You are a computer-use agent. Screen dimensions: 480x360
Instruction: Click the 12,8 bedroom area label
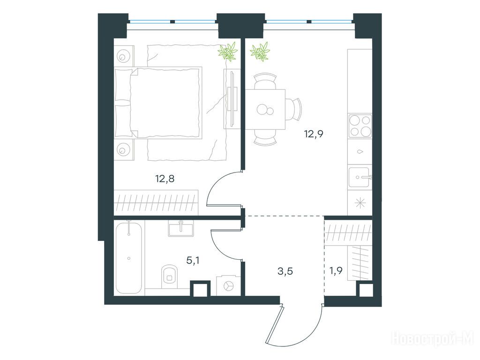165,179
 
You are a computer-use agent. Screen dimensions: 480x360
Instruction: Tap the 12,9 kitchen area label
314,134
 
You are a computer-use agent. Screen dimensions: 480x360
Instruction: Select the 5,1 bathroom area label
193,261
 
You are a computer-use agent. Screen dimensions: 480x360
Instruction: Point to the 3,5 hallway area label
285,271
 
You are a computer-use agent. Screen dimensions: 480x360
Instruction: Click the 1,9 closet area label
336,270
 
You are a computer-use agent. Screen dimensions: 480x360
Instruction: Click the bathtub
128,257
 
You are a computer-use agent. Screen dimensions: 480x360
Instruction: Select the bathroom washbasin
181,228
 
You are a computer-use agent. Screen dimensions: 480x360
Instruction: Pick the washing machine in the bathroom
228,285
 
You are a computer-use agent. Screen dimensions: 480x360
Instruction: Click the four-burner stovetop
360,126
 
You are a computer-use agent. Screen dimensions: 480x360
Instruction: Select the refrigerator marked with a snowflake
360,203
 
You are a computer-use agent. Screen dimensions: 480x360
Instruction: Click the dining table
265,109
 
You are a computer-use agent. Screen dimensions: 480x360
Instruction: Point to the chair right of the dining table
294,109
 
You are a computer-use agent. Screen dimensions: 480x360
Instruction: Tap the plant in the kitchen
260,51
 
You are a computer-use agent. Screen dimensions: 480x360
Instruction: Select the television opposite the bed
232,99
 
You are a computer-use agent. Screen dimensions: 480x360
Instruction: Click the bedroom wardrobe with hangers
156,202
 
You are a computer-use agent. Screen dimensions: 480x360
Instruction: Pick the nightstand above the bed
124,56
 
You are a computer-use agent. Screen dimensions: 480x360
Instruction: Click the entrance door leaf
274,323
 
